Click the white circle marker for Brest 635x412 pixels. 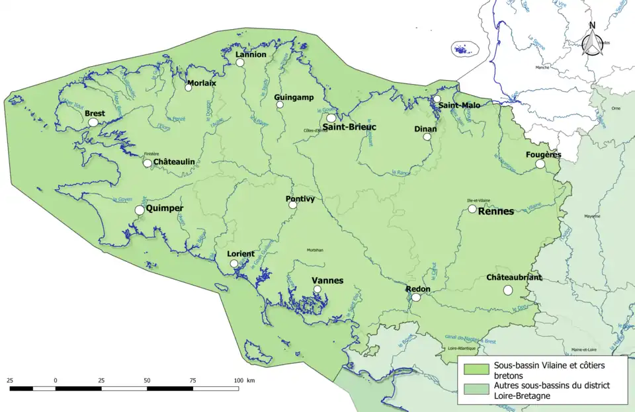point(93,122)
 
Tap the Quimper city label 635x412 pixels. point(164,208)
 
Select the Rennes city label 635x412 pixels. point(495,212)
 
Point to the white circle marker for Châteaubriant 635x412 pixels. point(508,290)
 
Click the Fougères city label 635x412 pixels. point(543,155)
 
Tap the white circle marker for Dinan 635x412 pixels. point(427,137)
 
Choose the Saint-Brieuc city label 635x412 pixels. point(349,126)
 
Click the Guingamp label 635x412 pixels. point(294,97)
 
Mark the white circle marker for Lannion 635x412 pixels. point(240,63)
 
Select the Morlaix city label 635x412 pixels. point(201,83)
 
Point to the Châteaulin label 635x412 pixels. point(174,162)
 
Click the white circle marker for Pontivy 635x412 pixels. point(293,205)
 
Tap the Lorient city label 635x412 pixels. point(241,254)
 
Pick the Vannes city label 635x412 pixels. point(327,280)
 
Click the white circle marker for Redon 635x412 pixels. point(415,298)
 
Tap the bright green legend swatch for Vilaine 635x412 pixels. point(476,368)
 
